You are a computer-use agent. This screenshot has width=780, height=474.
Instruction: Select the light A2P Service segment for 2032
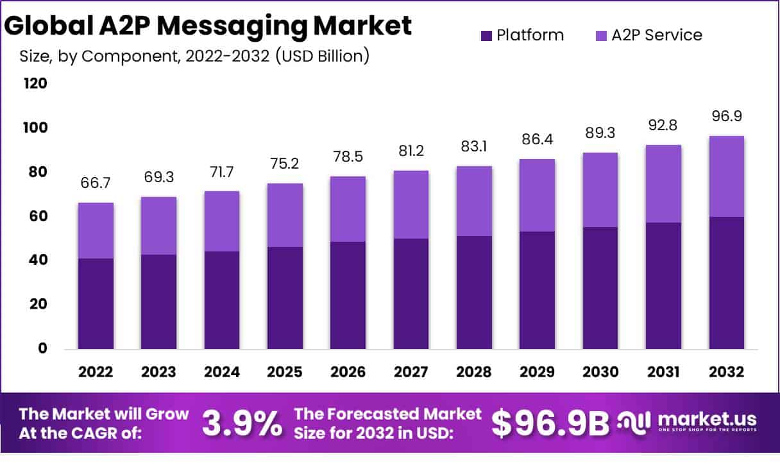pos(727,176)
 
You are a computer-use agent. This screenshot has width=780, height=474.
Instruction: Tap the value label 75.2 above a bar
pos(285,164)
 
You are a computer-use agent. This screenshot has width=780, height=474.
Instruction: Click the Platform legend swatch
pos(486,35)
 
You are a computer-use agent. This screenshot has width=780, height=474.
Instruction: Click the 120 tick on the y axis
pos(35,84)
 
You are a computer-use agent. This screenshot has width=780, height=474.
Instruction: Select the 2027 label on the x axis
pos(411,372)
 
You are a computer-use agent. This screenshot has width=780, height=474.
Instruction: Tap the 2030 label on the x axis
pos(600,372)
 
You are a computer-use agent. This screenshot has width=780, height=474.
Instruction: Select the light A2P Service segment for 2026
pos(348,209)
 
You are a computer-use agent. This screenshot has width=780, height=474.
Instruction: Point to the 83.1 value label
pos(474,146)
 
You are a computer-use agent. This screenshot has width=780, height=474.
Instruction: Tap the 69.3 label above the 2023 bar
pos(159,176)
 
